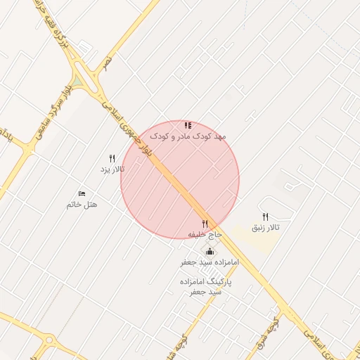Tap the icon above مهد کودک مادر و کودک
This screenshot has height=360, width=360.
pos(188,124)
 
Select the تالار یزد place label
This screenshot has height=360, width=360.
pos(112,169)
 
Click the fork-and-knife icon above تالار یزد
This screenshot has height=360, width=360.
pos(112,159)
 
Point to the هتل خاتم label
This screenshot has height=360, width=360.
pos(82,204)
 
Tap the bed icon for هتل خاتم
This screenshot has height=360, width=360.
pos(82,193)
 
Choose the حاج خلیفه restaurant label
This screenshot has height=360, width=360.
pos(205,233)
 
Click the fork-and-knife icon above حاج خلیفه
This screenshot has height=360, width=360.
pos(205,224)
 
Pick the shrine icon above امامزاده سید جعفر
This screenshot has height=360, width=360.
pos(210,251)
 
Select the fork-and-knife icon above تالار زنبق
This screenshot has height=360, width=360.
pos(265,217)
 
